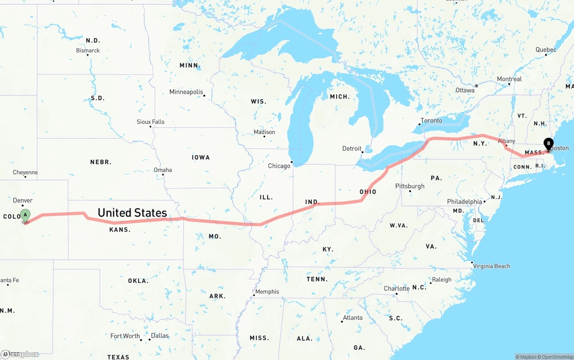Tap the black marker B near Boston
548,144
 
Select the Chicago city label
279,166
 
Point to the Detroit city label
352,148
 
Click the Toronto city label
431,121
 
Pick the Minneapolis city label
186,92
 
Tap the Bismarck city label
88,51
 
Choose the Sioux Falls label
151,122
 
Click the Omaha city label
163,170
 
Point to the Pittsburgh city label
409,186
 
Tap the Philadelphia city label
464,202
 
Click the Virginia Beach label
491,266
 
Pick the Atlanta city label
352,318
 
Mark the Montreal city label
509,79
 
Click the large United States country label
132,213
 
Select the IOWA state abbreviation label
201,157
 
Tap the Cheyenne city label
25,173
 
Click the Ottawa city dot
476,85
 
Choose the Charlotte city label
396,289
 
